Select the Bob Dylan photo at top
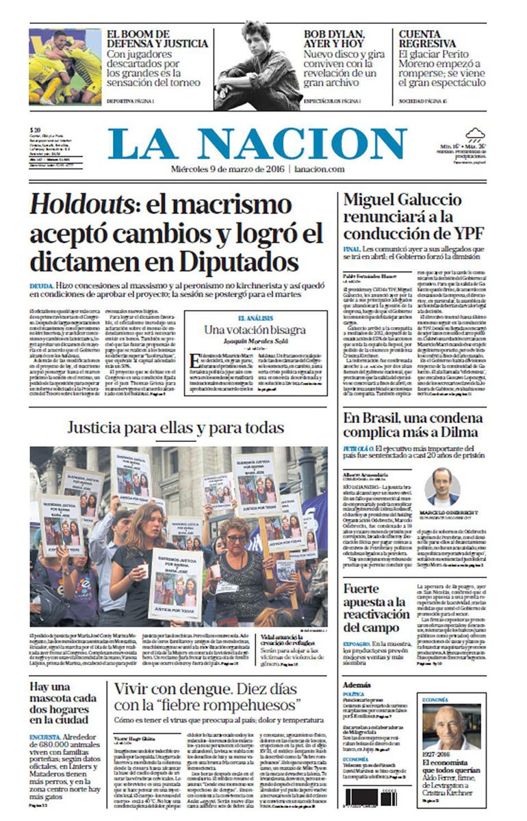(257, 66)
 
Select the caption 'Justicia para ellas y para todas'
(175, 429)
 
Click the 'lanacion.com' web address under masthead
(324, 169)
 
